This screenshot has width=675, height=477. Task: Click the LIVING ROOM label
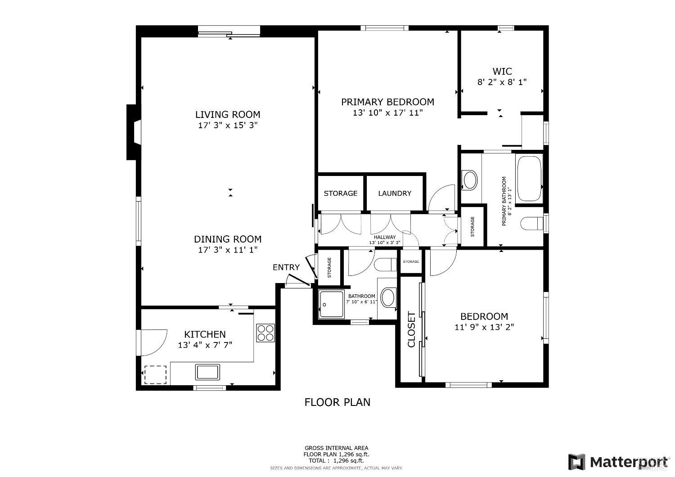click(228, 114)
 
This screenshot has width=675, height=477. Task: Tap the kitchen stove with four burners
click(265, 333)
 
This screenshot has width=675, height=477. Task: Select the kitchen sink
click(207, 372)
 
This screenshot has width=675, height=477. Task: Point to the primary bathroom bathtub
click(529, 179)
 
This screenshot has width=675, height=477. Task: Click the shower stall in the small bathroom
click(331, 305)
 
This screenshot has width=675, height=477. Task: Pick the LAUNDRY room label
click(395, 193)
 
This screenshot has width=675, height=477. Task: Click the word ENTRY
click(286, 267)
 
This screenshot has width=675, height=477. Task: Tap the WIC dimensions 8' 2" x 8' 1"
click(502, 82)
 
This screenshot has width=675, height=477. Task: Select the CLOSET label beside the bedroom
click(411, 330)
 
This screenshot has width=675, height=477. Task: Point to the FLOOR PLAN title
click(337, 402)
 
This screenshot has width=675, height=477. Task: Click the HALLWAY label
click(385, 237)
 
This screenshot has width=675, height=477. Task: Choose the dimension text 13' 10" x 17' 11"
click(387, 112)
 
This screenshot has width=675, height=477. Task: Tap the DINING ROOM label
click(228, 239)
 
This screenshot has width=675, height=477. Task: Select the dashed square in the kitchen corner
click(155, 375)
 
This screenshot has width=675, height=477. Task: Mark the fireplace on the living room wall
click(133, 132)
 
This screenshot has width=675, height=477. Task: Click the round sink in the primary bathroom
click(470, 180)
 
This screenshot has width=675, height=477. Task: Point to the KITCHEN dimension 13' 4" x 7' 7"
click(205, 345)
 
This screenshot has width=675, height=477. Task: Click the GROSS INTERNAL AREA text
click(336, 448)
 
